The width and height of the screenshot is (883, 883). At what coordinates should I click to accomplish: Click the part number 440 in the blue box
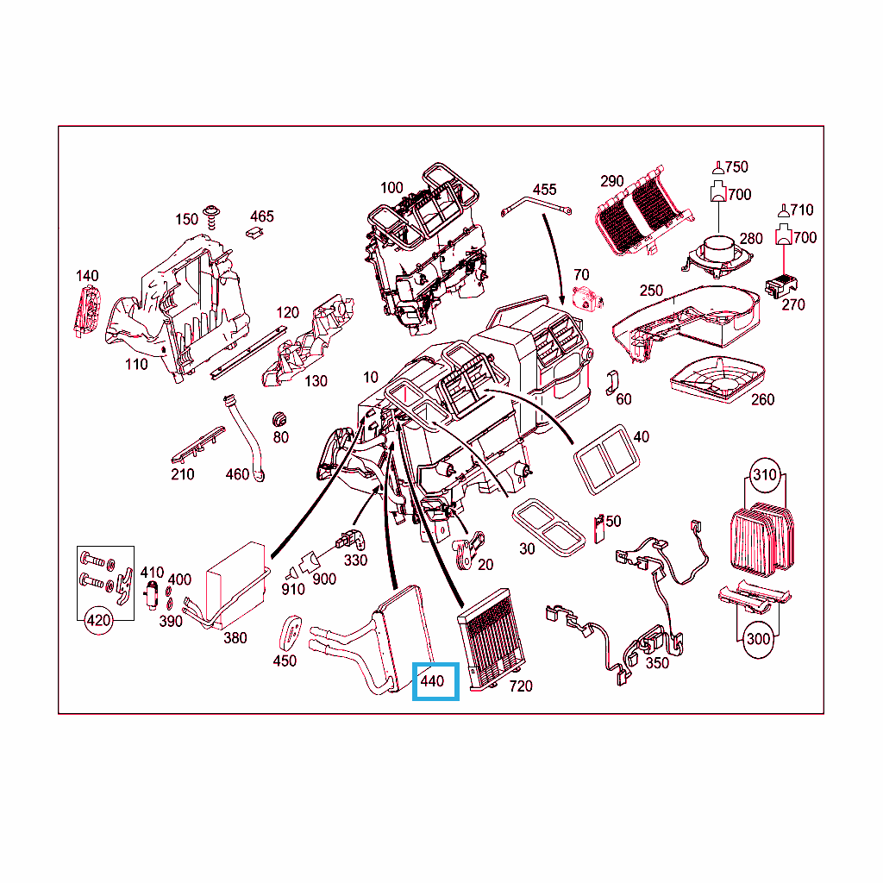[x=433, y=681]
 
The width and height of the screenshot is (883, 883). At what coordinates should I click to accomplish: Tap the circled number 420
[x=98, y=621]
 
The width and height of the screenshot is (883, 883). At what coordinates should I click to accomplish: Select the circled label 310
[x=765, y=475]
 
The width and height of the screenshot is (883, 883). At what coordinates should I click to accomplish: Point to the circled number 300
[x=758, y=639]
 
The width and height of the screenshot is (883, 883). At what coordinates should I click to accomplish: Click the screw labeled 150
[x=212, y=217]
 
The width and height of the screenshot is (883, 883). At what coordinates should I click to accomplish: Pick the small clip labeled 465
[x=254, y=233]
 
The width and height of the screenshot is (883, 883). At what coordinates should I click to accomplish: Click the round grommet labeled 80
[x=279, y=420]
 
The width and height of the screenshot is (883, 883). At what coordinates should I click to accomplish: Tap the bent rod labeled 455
[x=535, y=206]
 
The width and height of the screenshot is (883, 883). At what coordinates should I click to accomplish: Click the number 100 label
[x=391, y=187]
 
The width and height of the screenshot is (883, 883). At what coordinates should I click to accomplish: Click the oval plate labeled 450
[x=290, y=634]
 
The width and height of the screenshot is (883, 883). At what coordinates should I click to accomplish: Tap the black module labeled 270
[x=781, y=286]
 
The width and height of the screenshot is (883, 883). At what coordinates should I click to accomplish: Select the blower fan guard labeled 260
[x=717, y=379]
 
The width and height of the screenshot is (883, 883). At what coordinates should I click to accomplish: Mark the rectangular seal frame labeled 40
[x=606, y=460]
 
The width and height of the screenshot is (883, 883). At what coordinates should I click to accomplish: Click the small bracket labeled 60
[x=611, y=383]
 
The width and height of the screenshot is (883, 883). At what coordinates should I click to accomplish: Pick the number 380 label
[x=235, y=638]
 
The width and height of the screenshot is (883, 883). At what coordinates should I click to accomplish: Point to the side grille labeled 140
[x=87, y=311]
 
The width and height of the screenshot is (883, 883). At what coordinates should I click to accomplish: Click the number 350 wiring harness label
[x=657, y=663]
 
